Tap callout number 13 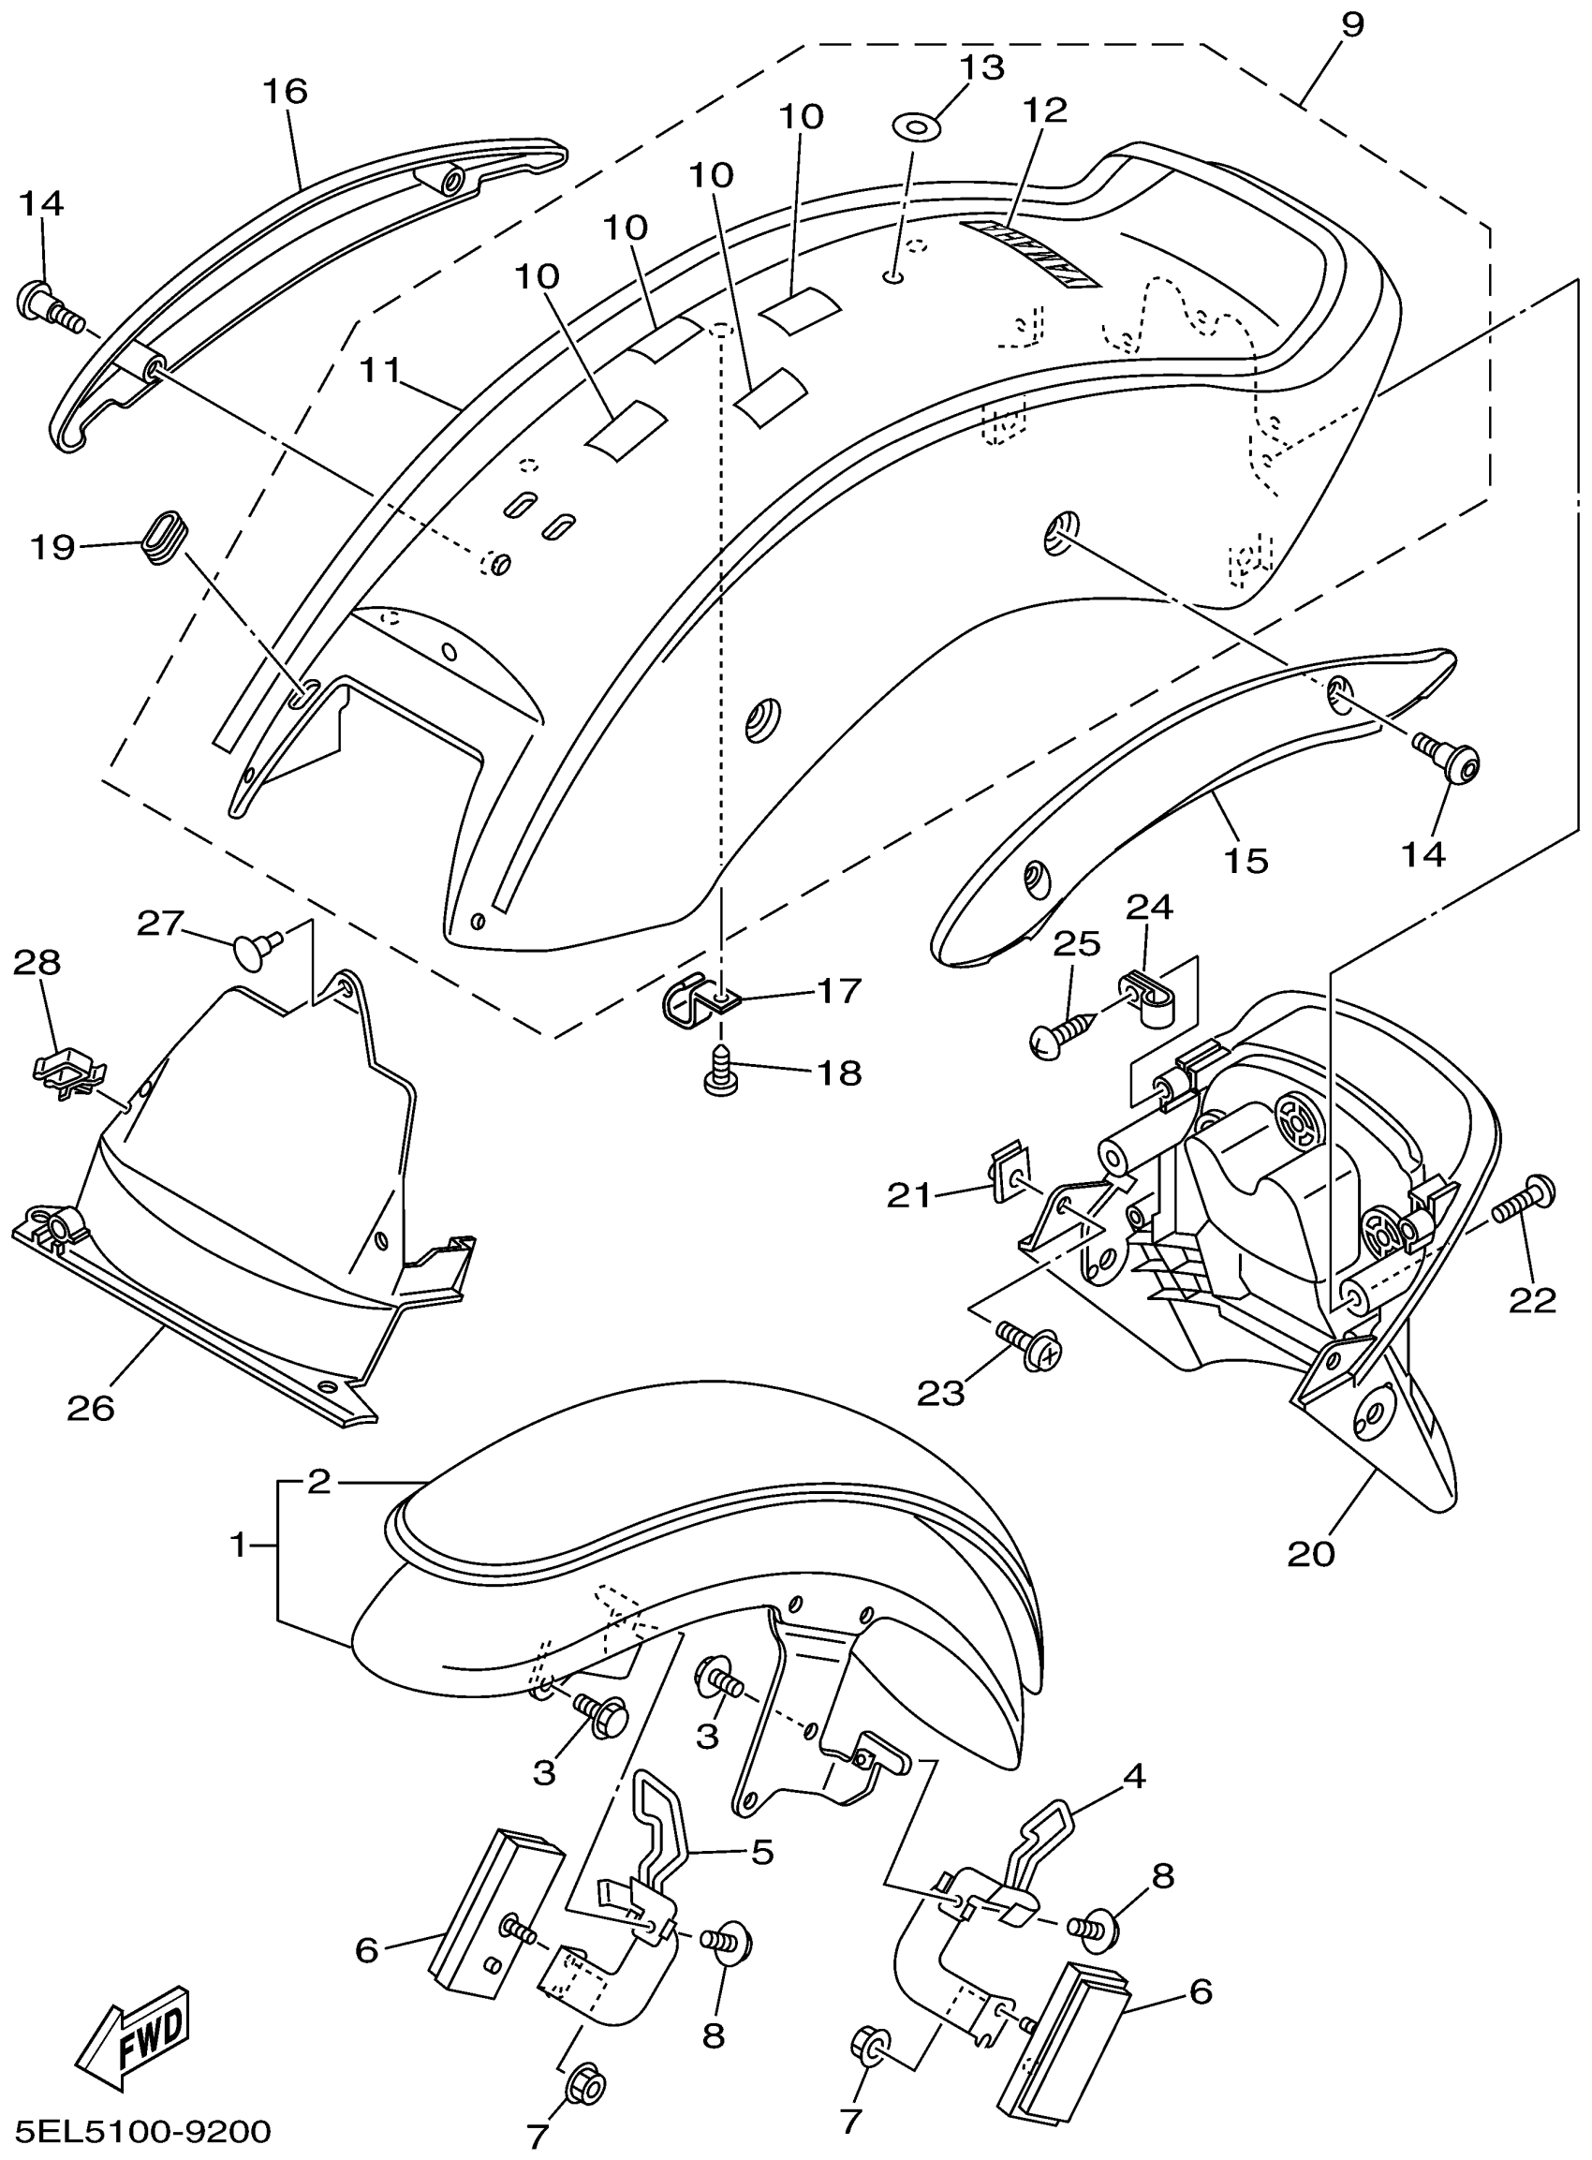click(982, 67)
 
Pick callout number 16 click(286, 92)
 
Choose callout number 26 click(92, 1409)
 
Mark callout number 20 click(1311, 1554)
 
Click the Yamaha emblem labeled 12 click(1033, 251)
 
